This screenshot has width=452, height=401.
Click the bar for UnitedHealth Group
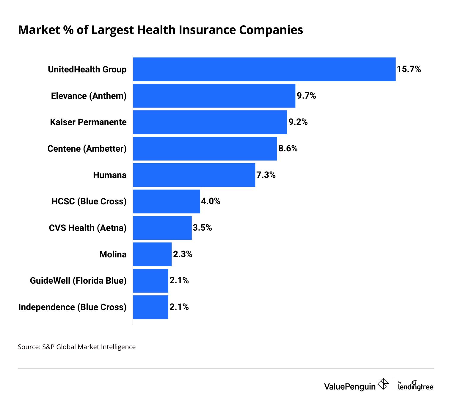click(x=264, y=69)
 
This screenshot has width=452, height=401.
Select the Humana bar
click(x=194, y=175)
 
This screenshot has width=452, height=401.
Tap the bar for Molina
click(x=152, y=254)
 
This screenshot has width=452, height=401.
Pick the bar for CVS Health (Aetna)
click(x=162, y=228)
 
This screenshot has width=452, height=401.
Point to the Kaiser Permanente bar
click(x=210, y=122)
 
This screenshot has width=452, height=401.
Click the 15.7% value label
click(x=409, y=69)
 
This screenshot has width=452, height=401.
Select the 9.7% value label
click(x=306, y=96)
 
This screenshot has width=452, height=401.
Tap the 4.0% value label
click(x=211, y=201)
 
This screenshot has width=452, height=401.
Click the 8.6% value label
click(x=288, y=148)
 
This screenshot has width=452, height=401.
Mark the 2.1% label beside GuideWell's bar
click(x=179, y=280)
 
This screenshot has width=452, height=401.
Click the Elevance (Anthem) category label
click(x=89, y=96)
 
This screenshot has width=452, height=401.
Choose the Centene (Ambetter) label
click(x=87, y=149)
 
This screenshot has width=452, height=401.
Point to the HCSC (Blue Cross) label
click(x=89, y=201)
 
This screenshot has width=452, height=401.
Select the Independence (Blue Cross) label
click(x=73, y=307)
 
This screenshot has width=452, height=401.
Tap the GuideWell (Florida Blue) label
click(x=78, y=281)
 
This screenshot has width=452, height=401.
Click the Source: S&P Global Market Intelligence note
click(x=77, y=347)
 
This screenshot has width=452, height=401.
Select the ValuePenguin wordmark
click(x=350, y=386)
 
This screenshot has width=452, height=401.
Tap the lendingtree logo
click(x=416, y=386)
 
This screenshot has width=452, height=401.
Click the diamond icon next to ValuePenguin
click(x=383, y=384)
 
